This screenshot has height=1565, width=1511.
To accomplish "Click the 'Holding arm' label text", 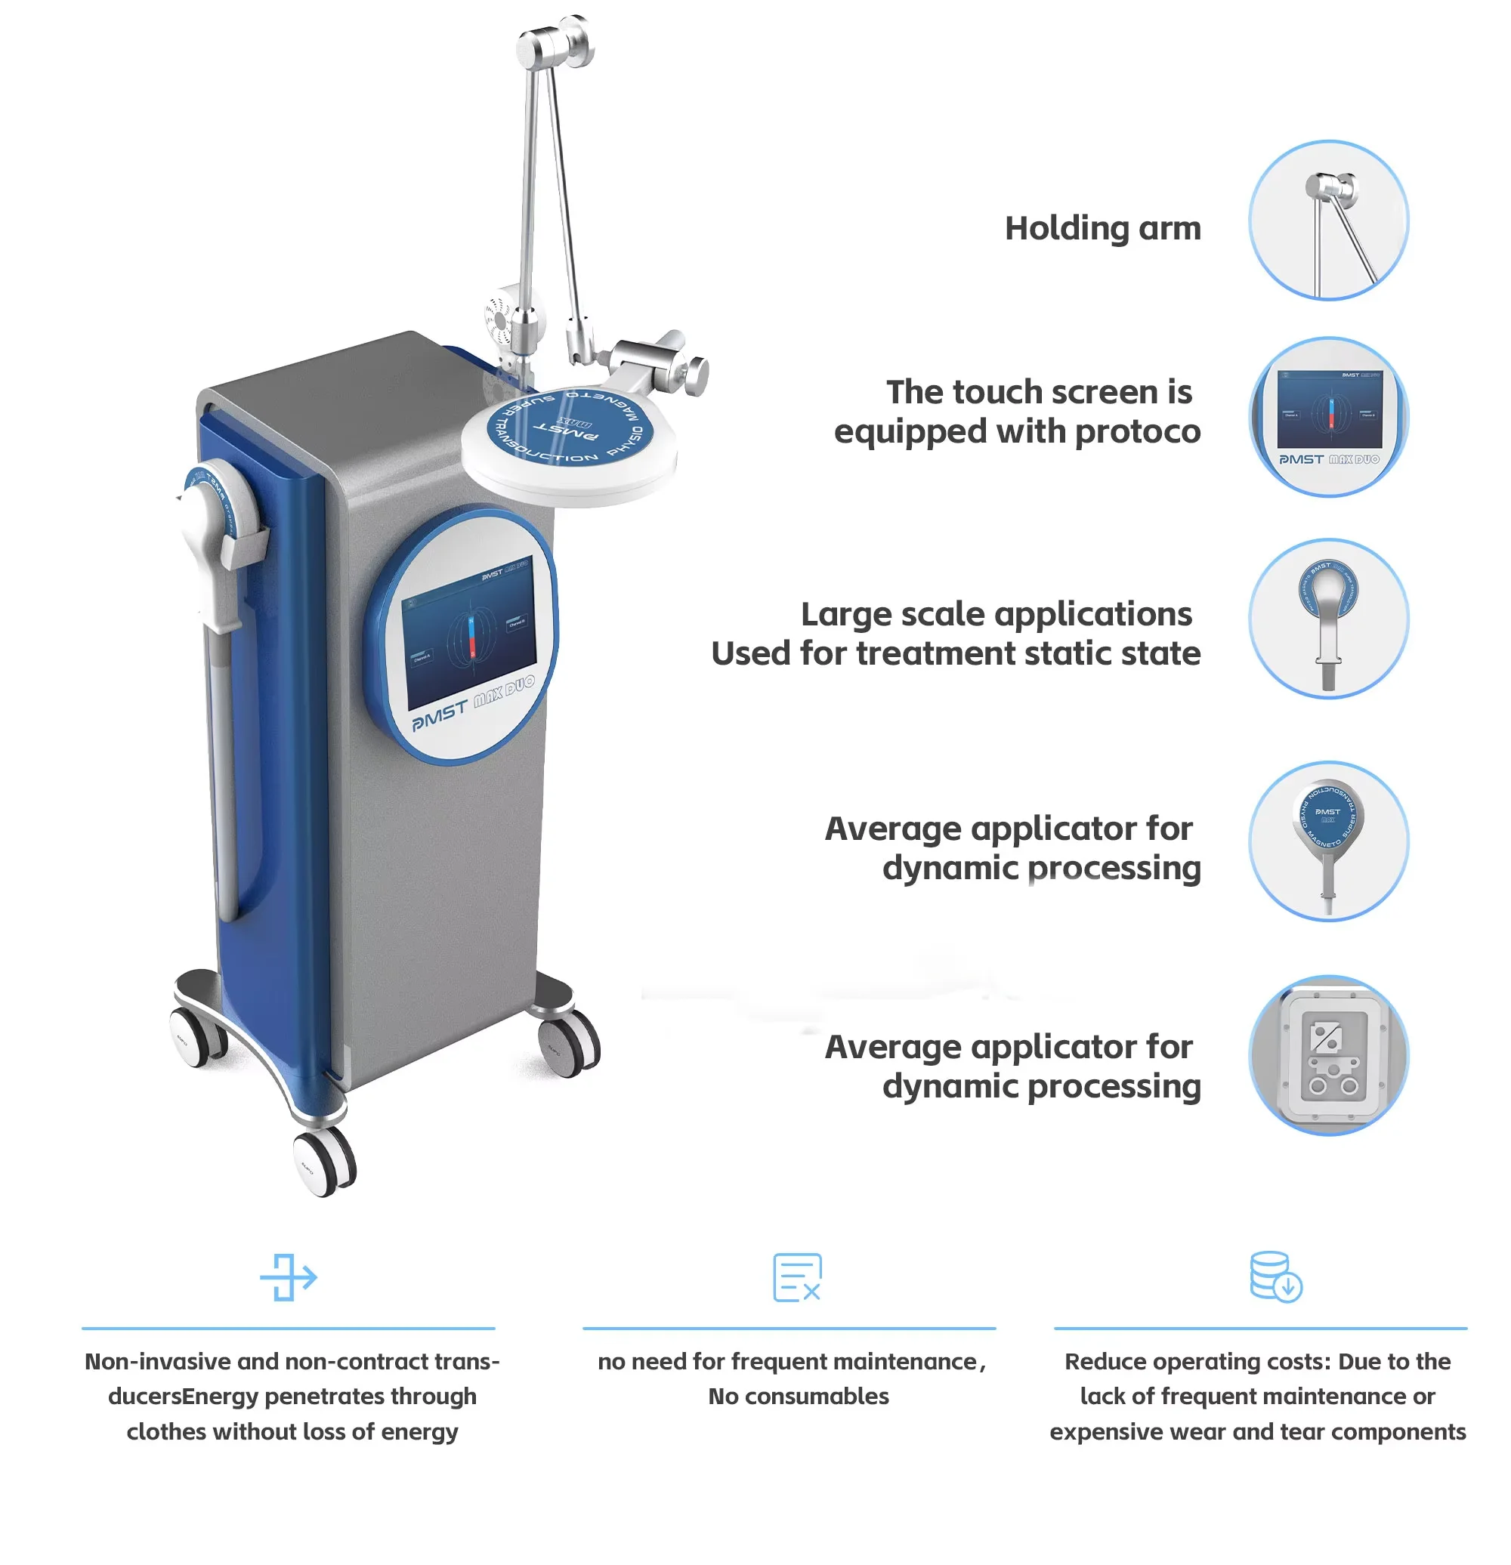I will pos(1102,228).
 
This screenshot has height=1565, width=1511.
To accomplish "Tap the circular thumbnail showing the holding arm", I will pos(1328,221).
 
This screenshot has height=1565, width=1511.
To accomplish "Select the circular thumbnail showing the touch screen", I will pos(1328,417).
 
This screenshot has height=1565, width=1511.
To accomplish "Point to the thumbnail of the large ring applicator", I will pos(1328,619).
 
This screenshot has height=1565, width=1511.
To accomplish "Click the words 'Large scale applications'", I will pos(996,614).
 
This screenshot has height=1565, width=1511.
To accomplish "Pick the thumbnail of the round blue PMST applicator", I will pos(1328,841).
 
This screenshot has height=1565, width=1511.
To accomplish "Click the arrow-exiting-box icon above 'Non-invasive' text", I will pos(289,1276).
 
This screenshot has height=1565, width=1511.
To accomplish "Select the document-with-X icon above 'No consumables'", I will pos(796,1276).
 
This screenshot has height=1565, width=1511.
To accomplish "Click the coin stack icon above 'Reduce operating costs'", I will pos(1275,1276).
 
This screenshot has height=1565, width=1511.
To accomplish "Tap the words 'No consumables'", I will pos(798,1396).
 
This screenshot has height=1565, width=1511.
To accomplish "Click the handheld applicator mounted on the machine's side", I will pos(212,543).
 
